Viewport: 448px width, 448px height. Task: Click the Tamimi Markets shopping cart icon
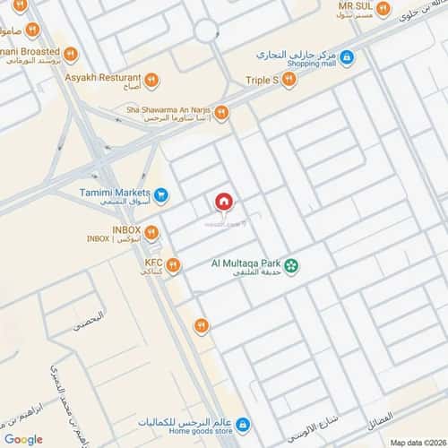pyautogui.click(x=160, y=194)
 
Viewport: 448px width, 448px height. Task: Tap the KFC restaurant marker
pyautogui.click(x=173, y=265)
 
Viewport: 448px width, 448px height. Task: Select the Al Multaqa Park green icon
pyautogui.click(x=292, y=264)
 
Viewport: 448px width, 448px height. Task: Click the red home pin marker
pyautogui.click(x=222, y=202)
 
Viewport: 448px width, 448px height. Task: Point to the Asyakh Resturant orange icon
pyautogui.click(x=151, y=79)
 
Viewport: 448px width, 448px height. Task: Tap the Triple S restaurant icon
pyautogui.click(x=289, y=80)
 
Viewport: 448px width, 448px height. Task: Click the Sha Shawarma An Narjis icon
pyautogui.click(x=221, y=113)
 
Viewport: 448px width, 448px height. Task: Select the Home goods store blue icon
pyautogui.click(x=242, y=424)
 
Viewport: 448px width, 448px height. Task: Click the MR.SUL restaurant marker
pyautogui.click(x=383, y=9)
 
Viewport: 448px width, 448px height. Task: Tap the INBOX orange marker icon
pyautogui.click(x=151, y=233)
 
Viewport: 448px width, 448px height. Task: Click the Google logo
pyautogui.click(x=23, y=439)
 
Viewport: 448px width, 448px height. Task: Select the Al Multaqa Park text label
pyautogui.click(x=246, y=263)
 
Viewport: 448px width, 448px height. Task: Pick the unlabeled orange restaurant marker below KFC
pyautogui.click(x=202, y=325)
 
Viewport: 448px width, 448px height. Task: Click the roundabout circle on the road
pyautogui.click(x=205, y=31)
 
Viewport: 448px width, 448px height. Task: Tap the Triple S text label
pyautogui.click(x=263, y=80)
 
